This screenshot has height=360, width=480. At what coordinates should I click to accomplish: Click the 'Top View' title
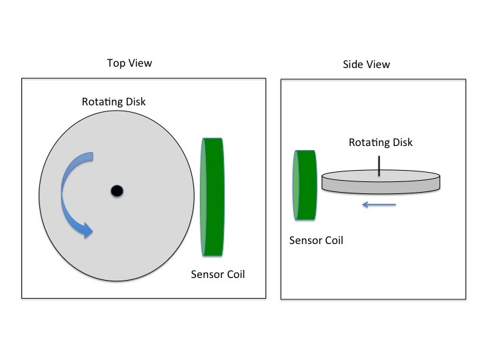pos(129,63)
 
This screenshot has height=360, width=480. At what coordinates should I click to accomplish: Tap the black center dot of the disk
pos(117,191)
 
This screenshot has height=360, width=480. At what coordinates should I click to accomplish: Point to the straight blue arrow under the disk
pos(379,204)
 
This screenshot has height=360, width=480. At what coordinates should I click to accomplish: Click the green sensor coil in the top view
pos(213,196)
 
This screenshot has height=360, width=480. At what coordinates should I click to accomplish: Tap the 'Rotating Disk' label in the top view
pos(113,102)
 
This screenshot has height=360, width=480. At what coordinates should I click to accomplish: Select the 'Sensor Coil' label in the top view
pos(217,274)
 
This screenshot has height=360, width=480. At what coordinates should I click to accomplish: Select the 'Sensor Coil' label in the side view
pos(316,240)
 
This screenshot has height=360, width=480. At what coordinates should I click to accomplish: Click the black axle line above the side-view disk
pos(379,166)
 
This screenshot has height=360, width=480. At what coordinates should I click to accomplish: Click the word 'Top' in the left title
pos(116,63)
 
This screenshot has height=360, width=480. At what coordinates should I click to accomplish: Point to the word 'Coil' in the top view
pos(233,274)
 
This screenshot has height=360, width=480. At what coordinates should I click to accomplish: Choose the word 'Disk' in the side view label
pos(402,143)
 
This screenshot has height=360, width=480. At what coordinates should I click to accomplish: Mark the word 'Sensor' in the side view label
pos(305,240)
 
